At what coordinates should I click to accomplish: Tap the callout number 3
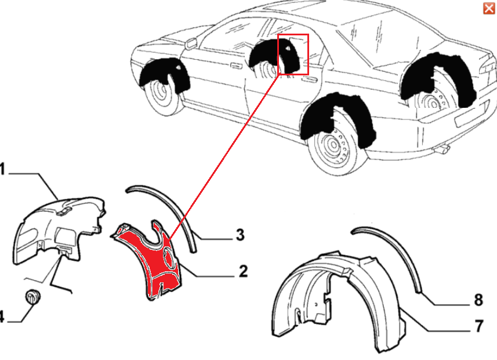tap(240, 235)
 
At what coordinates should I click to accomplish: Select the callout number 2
tap(243, 271)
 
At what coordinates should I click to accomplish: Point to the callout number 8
tap(478, 300)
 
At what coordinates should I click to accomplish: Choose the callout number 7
tap(479, 326)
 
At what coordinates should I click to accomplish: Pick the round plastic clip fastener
tap(32, 296)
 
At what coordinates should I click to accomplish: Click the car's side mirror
tap(191, 43)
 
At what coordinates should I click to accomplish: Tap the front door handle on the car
tap(235, 66)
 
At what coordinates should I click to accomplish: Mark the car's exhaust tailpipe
tap(441, 148)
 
